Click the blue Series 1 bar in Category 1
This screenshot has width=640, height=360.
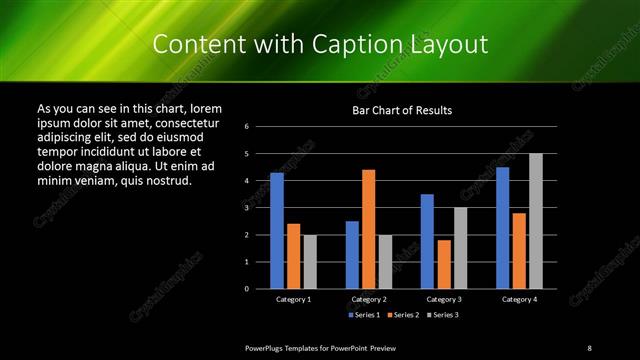click(x=276, y=231)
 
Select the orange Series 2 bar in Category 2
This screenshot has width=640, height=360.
click(x=368, y=229)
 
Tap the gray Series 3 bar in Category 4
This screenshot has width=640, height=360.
click(x=535, y=221)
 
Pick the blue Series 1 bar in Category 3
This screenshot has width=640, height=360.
click(x=427, y=241)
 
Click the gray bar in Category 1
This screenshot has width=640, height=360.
click(x=309, y=262)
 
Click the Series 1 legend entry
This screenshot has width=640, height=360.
click(x=363, y=315)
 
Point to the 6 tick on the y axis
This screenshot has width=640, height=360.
click(x=260, y=127)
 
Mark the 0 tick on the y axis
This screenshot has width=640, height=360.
click(x=260, y=289)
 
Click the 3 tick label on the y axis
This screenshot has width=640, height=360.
click(x=260, y=208)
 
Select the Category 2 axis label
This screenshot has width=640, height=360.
click(x=368, y=299)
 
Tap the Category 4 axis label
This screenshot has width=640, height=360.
click(x=518, y=299)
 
